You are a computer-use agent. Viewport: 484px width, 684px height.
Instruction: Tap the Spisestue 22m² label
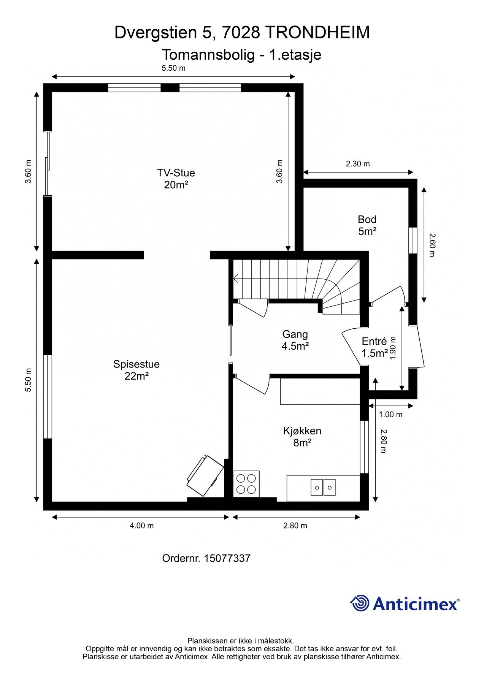click(136, 370)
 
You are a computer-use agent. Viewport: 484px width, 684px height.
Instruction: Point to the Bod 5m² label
click(367, 225)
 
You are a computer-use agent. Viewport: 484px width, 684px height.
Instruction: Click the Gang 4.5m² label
click(295, 340)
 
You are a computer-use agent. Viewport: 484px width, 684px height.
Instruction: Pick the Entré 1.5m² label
click(374, 347)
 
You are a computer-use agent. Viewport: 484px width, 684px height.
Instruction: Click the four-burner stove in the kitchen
click(246, 484)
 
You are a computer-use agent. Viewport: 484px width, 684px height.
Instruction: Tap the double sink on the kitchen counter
click(323, 487)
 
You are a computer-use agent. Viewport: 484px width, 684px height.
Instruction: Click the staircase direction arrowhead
click(236, 280)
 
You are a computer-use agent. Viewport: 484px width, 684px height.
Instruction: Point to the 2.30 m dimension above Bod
click(357, 164)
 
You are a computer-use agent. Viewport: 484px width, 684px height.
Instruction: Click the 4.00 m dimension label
click(142, 526)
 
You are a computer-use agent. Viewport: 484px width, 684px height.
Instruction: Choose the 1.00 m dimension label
click(390, 415)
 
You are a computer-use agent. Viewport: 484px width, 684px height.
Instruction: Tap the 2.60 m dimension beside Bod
click(431, 245)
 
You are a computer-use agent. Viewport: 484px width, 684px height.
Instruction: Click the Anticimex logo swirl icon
click(360, 603)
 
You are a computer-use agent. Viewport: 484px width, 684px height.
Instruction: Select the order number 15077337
click(227, 558)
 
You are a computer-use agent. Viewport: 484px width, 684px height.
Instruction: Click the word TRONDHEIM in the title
click(317, 33)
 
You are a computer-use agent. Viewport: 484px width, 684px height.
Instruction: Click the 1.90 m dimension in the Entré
click(394, 348)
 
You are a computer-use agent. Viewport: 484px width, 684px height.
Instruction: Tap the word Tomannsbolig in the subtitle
click(208, 55)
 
